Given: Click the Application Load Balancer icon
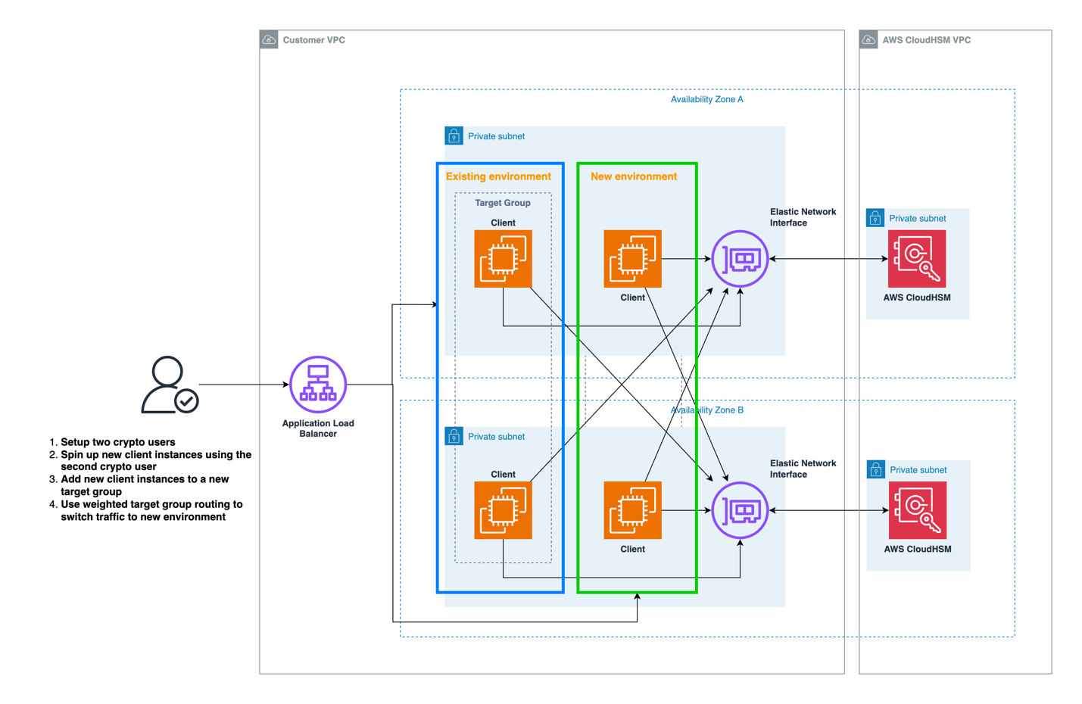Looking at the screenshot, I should click(x=318, y=385).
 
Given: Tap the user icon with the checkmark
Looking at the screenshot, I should click(x=169, y=385).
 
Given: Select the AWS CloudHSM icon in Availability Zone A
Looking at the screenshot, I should click(x=917, y=259).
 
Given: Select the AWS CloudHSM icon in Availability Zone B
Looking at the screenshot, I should click(x=917, y=510).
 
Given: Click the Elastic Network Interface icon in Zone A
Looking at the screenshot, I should click(x=740, y=259).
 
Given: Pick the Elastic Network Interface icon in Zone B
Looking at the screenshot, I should click(x=740, y=510).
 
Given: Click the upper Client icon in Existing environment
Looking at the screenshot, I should click(x=503, y=259).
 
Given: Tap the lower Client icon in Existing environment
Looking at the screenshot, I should click(x=503, y=510).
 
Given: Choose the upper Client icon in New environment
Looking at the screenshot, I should click(x=632, y=259).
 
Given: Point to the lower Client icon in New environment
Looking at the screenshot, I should click(x=632, y=510).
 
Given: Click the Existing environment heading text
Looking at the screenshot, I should click(x=498, y=176).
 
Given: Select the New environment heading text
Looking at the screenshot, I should click(x=634, y=176).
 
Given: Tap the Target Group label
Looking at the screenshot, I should click(x=503, y=203).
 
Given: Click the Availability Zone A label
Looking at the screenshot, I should click(x=706, y=99).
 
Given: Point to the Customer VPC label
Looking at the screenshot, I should click(x=313, y=40).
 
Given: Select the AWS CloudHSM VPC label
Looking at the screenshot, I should click(x=926, y=40).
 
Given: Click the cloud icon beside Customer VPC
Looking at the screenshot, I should click(x=269, y=39).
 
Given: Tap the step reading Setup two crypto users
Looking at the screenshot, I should click(x=117, y=442).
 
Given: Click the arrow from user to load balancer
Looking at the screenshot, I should click(x=242, y=385).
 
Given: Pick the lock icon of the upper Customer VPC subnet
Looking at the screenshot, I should click(x=454, y=136).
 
